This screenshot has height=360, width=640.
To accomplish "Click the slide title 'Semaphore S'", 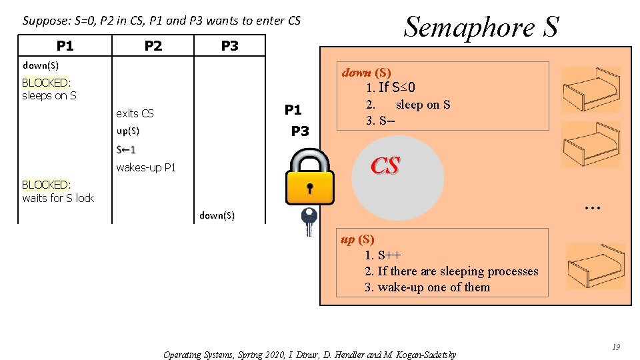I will click(x=481, y=27).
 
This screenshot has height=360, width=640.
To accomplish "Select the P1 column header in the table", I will click(x=65, y=45).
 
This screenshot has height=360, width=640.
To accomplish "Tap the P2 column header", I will click(x=153, y=45).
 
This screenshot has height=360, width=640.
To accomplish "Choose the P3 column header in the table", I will click(x=229, y=45).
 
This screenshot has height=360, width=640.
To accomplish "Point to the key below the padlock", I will click(x=309, y=221).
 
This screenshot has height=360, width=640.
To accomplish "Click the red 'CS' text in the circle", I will click(x=385, y=165).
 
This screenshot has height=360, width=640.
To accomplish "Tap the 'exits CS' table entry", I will click(x=135, y=113).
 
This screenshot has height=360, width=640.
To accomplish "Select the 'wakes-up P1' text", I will click(x=146, y=167).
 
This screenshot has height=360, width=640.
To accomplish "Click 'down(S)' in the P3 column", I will click(x=217, y=215).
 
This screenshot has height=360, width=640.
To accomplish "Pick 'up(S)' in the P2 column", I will click(x=127, y=131).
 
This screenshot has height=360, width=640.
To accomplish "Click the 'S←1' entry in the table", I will click(x=126, y=149).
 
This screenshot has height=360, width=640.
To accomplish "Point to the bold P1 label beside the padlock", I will click(x=293, y=110).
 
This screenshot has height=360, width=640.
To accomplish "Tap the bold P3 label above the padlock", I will click(x=300, y=131).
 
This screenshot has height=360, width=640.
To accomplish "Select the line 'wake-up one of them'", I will click(x=427, y=287).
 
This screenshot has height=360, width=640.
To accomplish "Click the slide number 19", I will click(x=616, y=347).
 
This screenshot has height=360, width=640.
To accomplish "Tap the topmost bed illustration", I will click(x=591, y=90).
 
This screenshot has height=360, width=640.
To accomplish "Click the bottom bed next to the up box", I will click(x=595, y=265).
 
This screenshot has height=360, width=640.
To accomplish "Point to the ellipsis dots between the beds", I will click(x=592, y=208).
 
